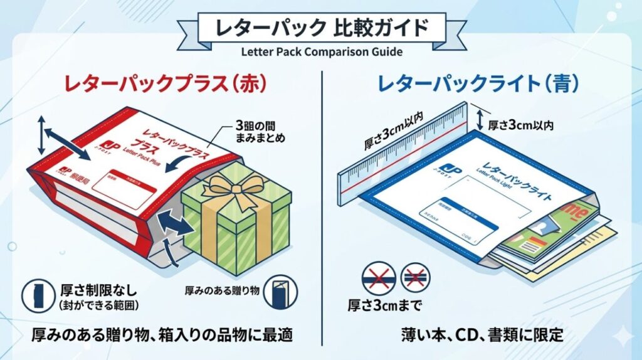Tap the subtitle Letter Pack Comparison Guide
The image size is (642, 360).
coord(321,51)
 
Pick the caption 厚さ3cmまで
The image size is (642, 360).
coord(383,306)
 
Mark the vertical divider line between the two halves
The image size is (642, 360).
coord(321,207)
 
